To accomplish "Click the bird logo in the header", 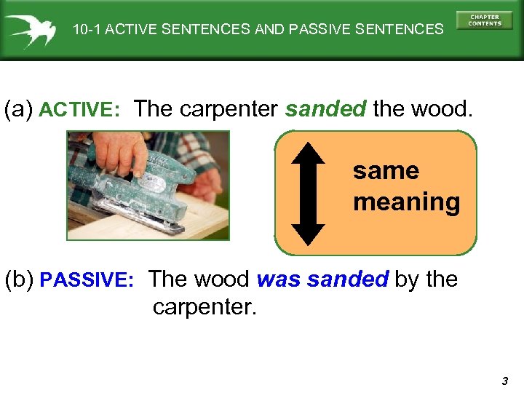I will (x=31, y=30).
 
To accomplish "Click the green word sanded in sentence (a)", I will (x=325, y=109).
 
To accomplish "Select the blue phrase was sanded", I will (x=323, y=279).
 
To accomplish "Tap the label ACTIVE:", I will (x=79, y=111).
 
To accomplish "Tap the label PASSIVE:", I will (x=87, y=280).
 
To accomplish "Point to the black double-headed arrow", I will (x=309, y=193).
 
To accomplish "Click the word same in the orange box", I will (x=386, y=171).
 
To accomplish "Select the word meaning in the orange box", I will (x=406, y=202).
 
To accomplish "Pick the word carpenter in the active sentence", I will (x=229, y=109).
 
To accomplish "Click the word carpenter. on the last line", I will (x=205, y=306).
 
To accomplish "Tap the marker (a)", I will (x=18, y=110).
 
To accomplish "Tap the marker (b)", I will (x=19, y=279).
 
